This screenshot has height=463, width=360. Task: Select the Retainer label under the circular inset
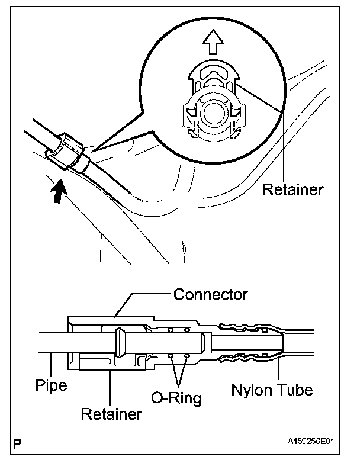pos(292,190)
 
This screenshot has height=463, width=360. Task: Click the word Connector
pos(210,294)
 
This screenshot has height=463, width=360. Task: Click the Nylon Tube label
pos(272,390)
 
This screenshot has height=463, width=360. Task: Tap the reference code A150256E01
pos(317,442)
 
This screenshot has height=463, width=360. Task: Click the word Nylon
pos(249,390)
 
